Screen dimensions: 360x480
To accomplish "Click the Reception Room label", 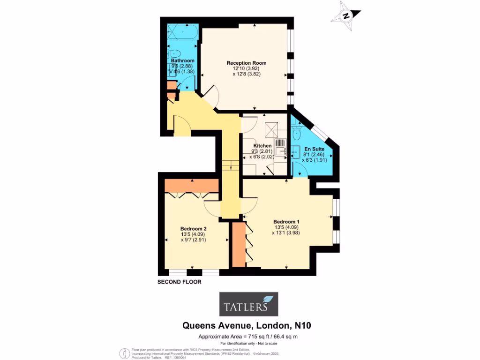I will (x=247, y=63).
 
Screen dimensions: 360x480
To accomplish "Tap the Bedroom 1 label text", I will (x=286, y=222).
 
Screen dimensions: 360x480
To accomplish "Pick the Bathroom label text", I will (x=182, y=61).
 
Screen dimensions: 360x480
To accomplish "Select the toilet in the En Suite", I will (x=297, y=135).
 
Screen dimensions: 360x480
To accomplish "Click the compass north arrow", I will (x=346, y=15).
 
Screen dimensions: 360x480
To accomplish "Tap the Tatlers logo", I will (x=248, y=304).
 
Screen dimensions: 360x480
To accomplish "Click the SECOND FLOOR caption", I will (x=179, y=282).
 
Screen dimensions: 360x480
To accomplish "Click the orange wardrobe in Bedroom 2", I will (x=192, y=186).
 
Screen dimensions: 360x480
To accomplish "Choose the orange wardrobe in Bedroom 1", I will (x=238, y=245).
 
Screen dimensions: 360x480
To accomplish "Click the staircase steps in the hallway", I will (x=227, y=165).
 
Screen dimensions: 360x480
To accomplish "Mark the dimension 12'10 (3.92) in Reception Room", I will (x=247, y=68).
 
